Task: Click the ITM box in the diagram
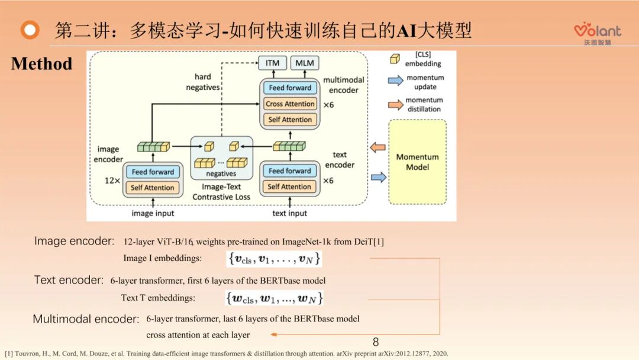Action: click(272, 63)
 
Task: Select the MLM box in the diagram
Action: click(305, 63)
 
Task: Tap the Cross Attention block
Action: click(290, 104)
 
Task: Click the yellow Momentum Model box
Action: click(417, 162)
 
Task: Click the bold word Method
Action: click(41, 64)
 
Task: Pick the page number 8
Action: click(376, 342)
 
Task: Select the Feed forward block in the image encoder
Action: click(153, 172)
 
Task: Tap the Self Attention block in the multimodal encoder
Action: click(290, 120)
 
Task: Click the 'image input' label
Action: click(153, 213)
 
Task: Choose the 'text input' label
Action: click(289, 213)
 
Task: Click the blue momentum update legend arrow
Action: click(395, 81)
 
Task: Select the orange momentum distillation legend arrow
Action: click(395, 105)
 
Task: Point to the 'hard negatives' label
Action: click(203, 82)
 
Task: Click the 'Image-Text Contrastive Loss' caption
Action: click(221, 192)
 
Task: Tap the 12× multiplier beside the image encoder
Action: click(112, 180)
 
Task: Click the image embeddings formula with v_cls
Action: click(274, 259)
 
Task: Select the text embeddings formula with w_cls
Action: click(274, 298)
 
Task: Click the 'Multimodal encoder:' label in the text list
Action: click(86, 319)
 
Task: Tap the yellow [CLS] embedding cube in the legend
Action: click(395, 58)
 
